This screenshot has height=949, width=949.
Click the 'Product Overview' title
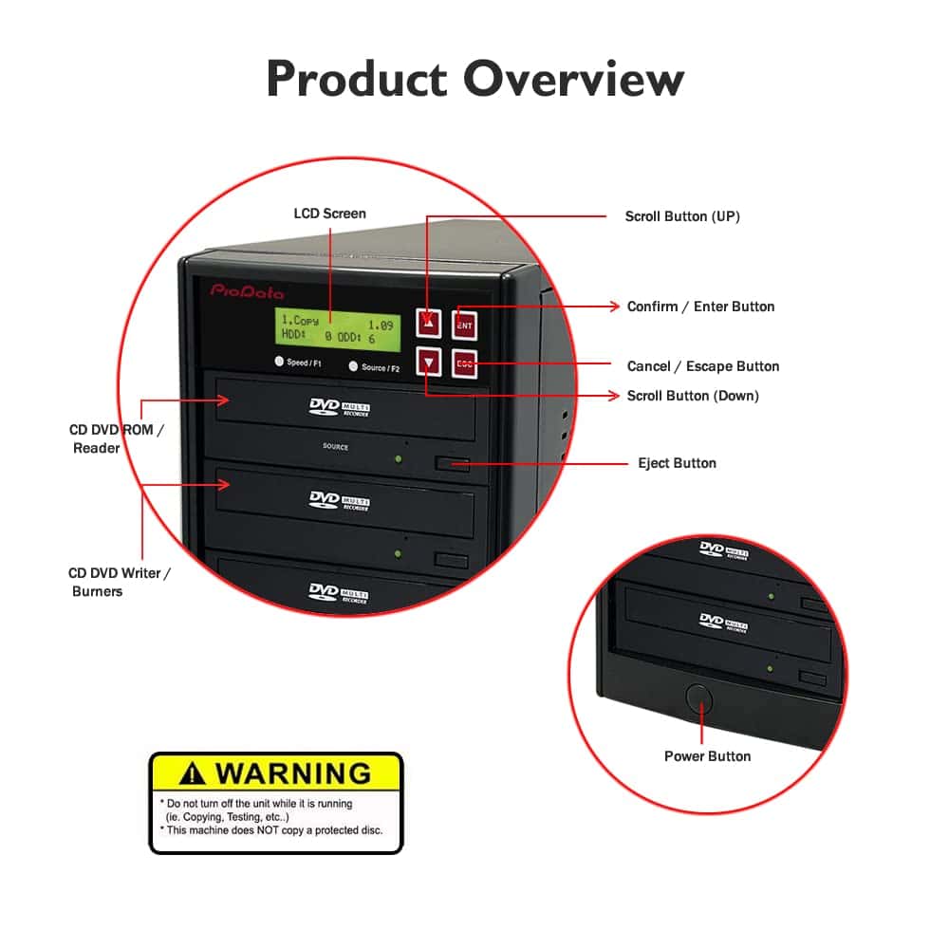[x=474, y=78]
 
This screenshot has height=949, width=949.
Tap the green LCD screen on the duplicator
[x=337, y=328]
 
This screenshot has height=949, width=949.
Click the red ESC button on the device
[x=464, y=363]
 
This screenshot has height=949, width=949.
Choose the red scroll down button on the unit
[x=431, y=363]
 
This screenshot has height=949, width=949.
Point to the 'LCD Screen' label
[x=329, y=214]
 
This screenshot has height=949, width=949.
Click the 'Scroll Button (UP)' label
[x=682, y=216]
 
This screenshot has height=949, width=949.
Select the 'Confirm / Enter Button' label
[x=700, y=307]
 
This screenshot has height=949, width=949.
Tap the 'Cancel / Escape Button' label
[x=703, y=366]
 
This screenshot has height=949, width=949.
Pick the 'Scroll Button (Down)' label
[x=693, y=396]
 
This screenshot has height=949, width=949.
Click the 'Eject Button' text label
[x=677, y=463]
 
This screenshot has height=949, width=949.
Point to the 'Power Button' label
[x=707, y=756]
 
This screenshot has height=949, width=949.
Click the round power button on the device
[x=699, y=698]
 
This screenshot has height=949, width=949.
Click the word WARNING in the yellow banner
[x=292, y=772]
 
